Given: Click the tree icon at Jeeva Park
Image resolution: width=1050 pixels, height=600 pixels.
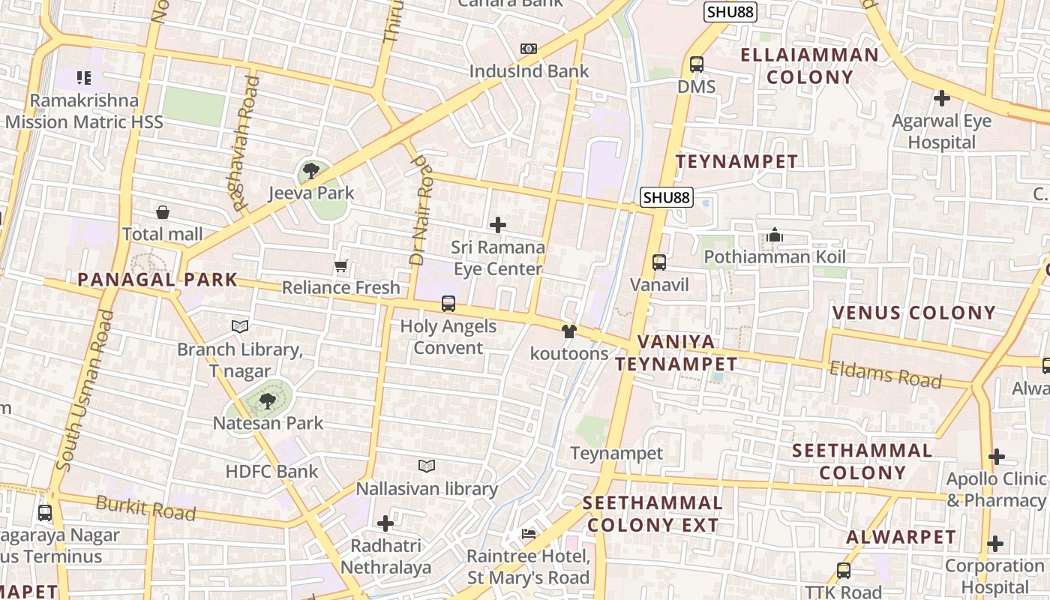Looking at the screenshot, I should (x=310, y=171).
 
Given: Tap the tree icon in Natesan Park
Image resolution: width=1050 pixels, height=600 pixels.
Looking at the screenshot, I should (x=268, y=401).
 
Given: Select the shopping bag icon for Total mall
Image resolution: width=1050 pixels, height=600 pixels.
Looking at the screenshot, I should (x=163, y=213).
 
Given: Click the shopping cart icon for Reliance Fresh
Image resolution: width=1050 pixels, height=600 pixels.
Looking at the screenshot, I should (x=341, y=265).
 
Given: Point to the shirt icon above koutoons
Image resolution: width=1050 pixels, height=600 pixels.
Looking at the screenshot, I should (x=569, y=331).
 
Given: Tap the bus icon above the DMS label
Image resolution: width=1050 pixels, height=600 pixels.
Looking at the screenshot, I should (x=697, y=64).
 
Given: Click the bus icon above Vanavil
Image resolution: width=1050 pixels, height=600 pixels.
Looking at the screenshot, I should (x=659, y=262).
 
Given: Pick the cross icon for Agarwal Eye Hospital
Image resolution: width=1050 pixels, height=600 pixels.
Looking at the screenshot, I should (x=942, y=98).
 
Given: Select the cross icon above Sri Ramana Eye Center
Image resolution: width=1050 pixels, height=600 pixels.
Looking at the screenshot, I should (x=497, y=224).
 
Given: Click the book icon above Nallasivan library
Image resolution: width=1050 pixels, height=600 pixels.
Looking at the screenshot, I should (x=427, y=466).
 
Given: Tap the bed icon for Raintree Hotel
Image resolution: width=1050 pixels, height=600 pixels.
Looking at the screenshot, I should (x=529, y=534).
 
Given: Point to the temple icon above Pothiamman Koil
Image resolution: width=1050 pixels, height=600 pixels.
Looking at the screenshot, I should (x=775, y=235).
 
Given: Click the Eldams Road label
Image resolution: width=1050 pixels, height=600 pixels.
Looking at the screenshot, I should (x=885, y=373).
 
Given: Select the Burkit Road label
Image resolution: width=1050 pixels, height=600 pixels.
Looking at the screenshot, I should (x=145, y=509).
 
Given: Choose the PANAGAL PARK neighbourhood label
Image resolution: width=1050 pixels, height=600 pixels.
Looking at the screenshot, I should (x=157, y=280).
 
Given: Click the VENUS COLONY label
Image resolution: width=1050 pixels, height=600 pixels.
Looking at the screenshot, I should (x=914, y=313).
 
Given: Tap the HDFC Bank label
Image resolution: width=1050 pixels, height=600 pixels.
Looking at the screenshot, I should (x=272, y=472).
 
